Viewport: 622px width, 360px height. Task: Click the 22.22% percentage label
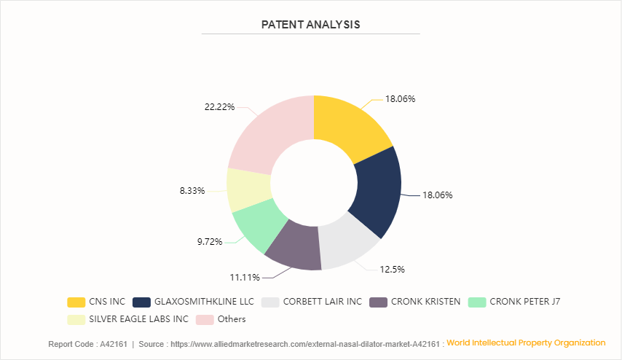[x=219, y=106]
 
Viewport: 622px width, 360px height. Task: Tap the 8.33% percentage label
[x=192, y=191]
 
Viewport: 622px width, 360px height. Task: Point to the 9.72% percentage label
[x=209, y=240]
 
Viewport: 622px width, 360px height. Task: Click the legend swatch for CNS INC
[x=76, y=302]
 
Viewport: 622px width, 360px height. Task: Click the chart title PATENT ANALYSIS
[x=311, y=24]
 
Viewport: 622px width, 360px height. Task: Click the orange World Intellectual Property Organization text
[x=526, y=343]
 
